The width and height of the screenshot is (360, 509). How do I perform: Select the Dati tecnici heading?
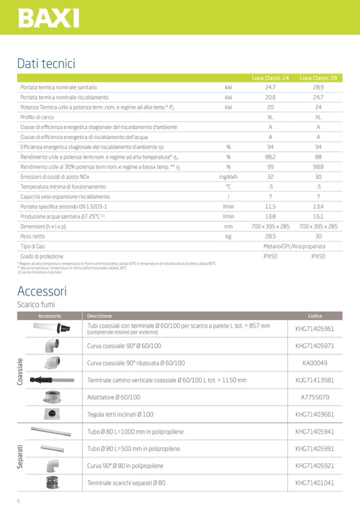[x=46, y=64]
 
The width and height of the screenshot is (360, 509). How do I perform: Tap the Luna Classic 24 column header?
[x=270, y=77]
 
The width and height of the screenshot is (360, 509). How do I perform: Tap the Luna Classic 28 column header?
[x=318, y=77]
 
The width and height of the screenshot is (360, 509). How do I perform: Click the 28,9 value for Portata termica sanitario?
[x=318, y=87]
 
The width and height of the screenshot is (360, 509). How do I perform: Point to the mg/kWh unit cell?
[x=228, y=177]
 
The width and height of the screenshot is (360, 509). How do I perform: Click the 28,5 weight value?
[x=270, y=237]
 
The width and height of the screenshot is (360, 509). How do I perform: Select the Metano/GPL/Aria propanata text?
[x=294, y=247]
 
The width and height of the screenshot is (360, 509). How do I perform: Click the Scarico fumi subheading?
[x=36, y=305]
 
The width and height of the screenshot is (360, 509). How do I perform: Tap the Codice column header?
[x=315, y=316]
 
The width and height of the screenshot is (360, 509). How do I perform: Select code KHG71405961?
[x=315, y=329]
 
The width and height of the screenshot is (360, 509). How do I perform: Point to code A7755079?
[x=315, y=397]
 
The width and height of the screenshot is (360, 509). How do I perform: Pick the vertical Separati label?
[x=21, y=457]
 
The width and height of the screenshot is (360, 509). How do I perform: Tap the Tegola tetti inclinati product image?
[x=52, y=414]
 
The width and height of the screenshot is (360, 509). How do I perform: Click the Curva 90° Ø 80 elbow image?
[x=52, y=465]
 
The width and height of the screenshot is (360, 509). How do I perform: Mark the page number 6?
[x=19, y=501]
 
